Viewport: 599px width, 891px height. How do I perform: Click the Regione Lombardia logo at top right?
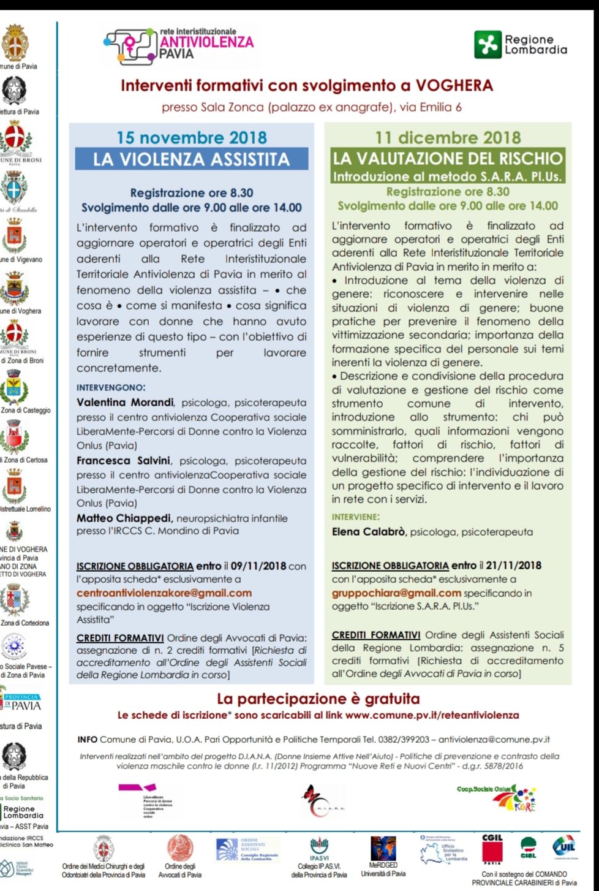click(x=521, y=45)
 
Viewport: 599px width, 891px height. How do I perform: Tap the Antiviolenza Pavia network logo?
click(x=179, y=45)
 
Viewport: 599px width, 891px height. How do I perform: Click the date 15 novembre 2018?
click(x=192, y=138)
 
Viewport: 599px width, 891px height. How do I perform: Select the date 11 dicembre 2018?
click(x=448, y=138)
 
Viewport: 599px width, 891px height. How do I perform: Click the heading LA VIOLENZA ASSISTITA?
click(x=191, y=159)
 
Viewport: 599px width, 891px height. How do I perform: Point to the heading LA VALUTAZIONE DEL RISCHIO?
click(x=447, y=159)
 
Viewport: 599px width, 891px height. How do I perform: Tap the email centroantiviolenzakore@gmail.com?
click(x=164, y=593)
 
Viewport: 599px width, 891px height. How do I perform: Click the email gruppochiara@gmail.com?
click(x=396, y=593)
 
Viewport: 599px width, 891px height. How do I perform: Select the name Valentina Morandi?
click(x=125, y=403)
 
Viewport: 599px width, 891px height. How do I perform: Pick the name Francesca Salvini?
click(x=124, y=460)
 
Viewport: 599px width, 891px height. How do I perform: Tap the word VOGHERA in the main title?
click(x=454, y=85)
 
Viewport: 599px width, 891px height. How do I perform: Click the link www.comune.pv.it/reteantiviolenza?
click(x=432, y=715)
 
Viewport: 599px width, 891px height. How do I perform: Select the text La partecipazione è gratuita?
click(x=318, y=699)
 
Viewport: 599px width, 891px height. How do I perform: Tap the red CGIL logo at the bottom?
click(x=492, y=848)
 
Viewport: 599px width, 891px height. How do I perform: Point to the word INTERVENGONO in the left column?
click(x=111, y=387)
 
